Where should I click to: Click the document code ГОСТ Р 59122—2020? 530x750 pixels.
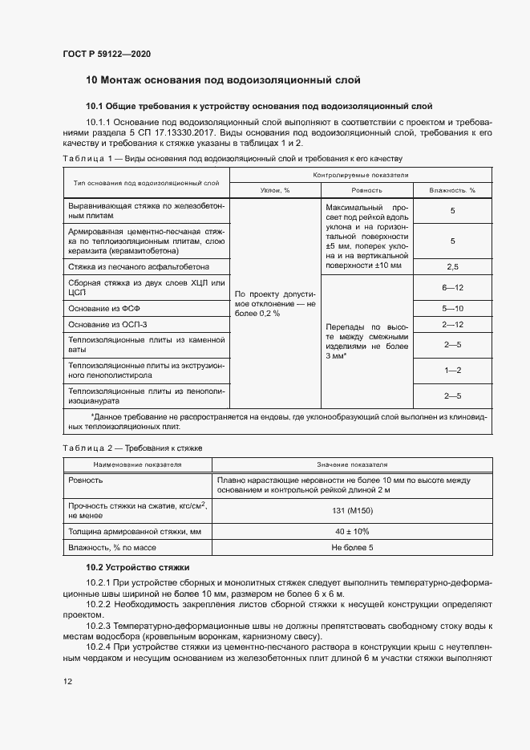(x=107, y=54)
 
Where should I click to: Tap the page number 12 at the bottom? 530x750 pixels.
(x=67, y=681)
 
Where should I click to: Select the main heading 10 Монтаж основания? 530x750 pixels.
(x=223, y=80)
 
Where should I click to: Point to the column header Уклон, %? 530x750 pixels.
(x=275, y=190)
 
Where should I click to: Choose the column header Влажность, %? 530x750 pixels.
(x=452, y=190)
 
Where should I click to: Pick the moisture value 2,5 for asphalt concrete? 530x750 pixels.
(x=452, y=266)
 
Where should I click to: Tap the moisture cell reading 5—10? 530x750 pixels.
(x=452, y=309)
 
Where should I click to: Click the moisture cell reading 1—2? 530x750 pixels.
(x=452, y=371)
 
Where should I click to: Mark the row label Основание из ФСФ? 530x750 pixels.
(x=108, y=309)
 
